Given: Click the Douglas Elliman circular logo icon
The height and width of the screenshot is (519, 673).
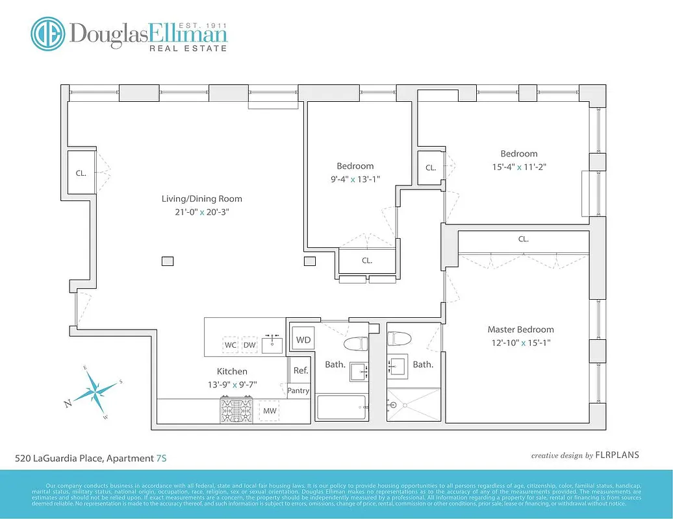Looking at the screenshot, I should tap(49, 34).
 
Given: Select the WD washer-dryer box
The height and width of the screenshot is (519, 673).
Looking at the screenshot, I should tap(303, 340).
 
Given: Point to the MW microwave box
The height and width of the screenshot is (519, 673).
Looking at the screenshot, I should tap(270, 411).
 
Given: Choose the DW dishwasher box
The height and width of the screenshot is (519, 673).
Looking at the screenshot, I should tap(249, 345).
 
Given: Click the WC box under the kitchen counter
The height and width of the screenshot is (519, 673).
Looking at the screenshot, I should tap(231, 345).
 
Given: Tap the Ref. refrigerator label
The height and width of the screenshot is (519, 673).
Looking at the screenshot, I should tap(301, 370).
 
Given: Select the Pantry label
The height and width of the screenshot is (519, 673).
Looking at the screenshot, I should tap(299, 391).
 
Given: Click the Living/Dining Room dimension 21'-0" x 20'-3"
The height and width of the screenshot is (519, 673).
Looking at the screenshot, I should tap(201, 211).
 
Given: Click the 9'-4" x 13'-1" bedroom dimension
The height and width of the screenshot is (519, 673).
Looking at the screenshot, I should tap(355, 179).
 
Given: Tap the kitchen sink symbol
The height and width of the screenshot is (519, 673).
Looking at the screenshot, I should tap(273, 344).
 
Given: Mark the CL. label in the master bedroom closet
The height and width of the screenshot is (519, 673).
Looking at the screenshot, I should tap(524, 239).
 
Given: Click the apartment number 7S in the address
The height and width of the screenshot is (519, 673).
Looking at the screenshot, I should tap(161, 459).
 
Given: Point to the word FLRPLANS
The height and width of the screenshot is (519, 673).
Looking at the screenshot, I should tap(618, 455).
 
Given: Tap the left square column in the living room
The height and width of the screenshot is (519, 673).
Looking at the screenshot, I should tap(168, 261).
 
